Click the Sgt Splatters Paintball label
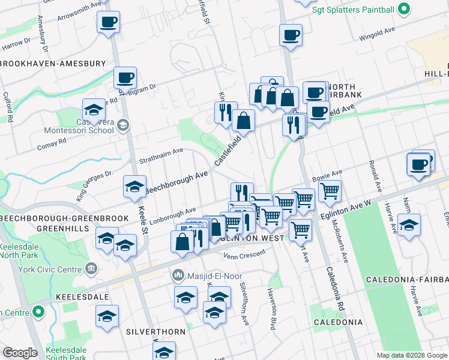[353, 9]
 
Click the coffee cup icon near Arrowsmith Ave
[108, 22]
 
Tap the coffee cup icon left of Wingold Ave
[291, 35]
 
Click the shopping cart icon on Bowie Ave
[330, 191]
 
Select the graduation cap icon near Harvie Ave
[409, 225]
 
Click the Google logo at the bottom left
[19, 353]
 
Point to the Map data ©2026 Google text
[412, 355]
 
